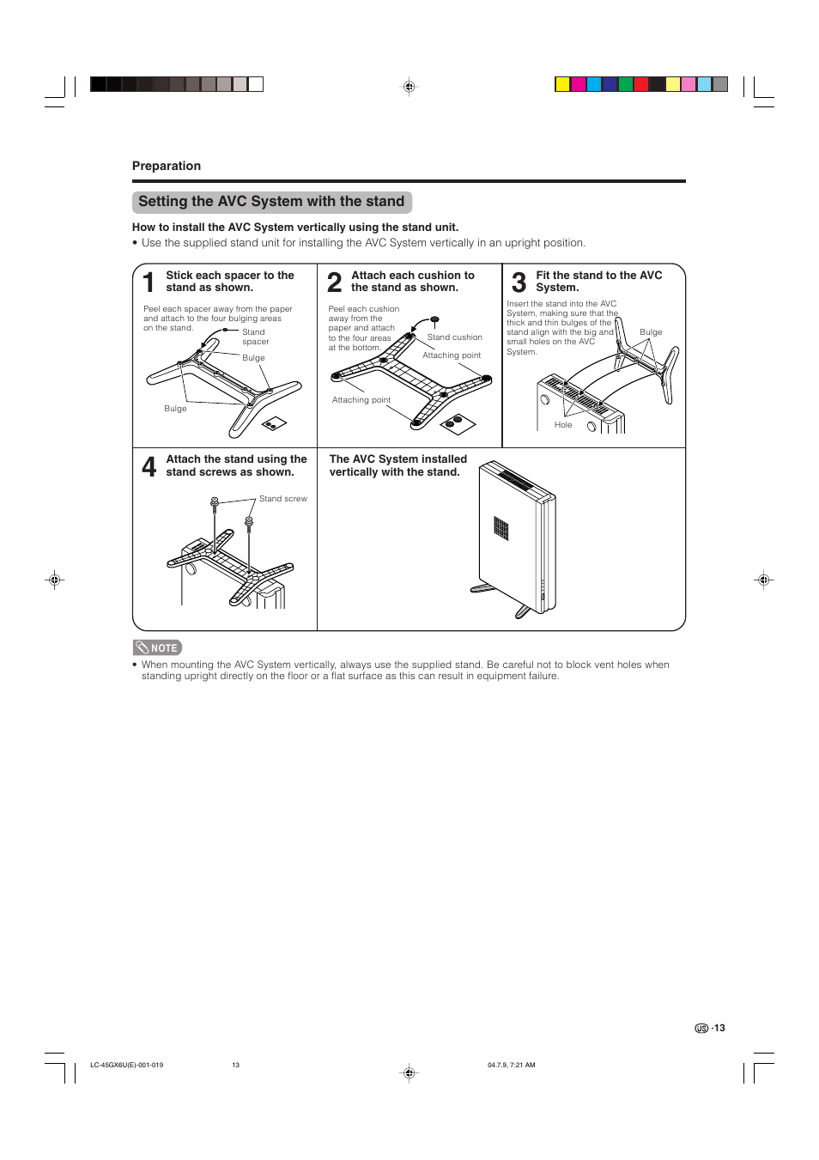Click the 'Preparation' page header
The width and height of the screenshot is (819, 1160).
(167, 166)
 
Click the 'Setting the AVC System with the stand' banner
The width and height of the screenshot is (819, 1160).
(271, 202)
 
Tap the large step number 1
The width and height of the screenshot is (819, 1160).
(149, 282)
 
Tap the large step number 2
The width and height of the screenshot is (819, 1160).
(335, 282)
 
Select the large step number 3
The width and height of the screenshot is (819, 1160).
(519, 282)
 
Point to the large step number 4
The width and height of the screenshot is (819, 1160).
(149, 466)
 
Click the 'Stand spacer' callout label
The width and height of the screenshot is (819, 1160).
(255, 337)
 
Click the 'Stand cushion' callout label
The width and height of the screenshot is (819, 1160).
(454, 337)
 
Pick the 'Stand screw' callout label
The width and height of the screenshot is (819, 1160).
(282, 499)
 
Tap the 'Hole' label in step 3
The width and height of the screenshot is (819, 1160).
(563, 425)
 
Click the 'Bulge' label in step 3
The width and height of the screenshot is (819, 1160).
(651, 332)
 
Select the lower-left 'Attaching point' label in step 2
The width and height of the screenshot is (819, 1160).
(361, 400)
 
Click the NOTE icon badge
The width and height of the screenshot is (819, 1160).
(157, 648)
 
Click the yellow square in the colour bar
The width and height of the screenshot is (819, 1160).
(562, 84)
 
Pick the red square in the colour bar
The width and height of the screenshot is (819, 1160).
(640, 84)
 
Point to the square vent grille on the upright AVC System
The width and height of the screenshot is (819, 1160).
(501, 528)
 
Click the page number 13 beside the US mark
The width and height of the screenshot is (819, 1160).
(719, 1028)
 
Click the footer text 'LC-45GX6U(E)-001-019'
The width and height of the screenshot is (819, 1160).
(126, 1065)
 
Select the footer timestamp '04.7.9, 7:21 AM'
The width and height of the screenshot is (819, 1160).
(511, 1065)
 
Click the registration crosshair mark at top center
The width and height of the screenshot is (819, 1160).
(409, 87)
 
